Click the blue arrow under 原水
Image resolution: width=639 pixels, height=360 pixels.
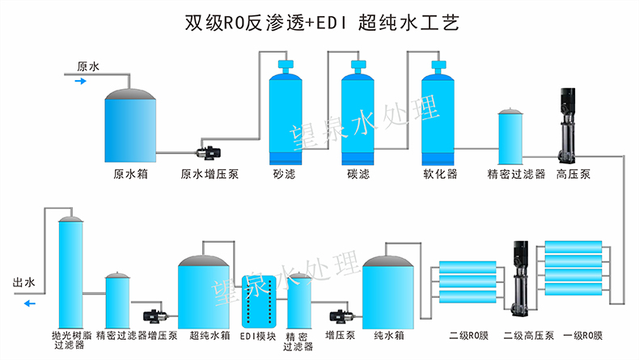79,81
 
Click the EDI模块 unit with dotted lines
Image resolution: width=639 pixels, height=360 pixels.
258,302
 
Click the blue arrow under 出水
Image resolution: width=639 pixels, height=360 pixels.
29,304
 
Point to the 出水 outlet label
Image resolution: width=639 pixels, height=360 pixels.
24,283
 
